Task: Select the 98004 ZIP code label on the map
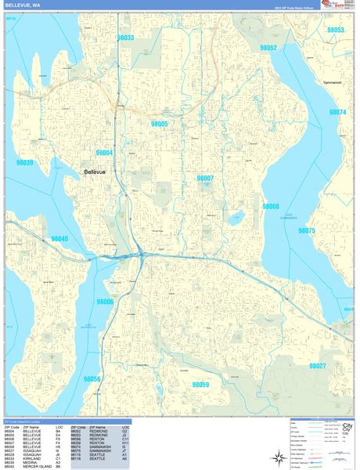(x=104, y=153)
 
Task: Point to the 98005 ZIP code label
(x=160, y=124)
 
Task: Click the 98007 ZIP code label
(x=205, y=179)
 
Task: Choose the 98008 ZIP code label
(x=271, y=206)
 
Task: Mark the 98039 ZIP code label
(x=25, y=163)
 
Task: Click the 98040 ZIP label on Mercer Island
(x=59, y=239)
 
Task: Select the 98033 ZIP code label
(x=125, y=38)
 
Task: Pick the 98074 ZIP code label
(x=338, y=112)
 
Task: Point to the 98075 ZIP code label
(x=307, y=231)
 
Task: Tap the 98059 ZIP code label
(x=201, y=385)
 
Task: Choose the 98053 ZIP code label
(x=336, y=30)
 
